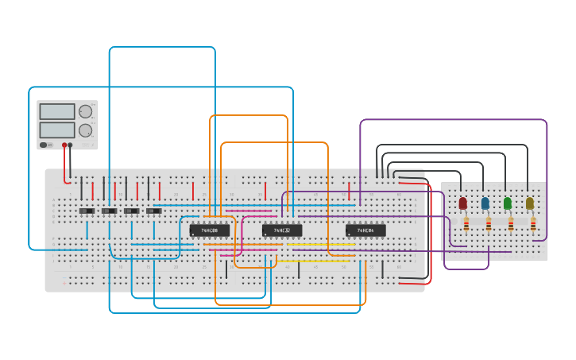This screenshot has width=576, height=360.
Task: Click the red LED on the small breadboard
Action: pyautogui.click(x=463, y=203)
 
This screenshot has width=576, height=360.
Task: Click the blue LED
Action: pyautogui.click(x=485, y=203)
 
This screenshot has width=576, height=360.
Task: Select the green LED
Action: pyautogui.click(x=508, y=203)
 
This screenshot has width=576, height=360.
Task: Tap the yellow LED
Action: pyautogui.click(x=530, y=203)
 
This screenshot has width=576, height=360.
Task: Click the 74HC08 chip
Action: pyautogui.click(x=209, y=230)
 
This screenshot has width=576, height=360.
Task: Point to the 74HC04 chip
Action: pyautogui.click(x=365, y=230)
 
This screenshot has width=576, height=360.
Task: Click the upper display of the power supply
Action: pyautogui.click(x=57, y=112)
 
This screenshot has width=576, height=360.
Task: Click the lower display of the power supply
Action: pyautogui.click(x=57, y=130)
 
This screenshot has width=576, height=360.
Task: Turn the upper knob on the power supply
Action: pyautogui.click(x=85, y=112)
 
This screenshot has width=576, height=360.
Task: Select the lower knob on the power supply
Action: pyautogui.click(x=85, y=130)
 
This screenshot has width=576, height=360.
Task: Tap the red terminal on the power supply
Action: pyautogui.click(x=64, y=145)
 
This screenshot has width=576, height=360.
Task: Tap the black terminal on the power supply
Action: pyautogui.click(x=71, y=145)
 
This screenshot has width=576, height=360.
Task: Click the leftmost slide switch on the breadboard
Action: pyautogui.click(x=87, y=211)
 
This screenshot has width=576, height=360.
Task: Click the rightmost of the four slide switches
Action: pyautogui.click(x=153, y=211)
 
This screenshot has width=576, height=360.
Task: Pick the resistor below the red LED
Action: pyautogui.click(x=466, y=224)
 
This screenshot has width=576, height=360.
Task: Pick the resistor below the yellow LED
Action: pyautogui.click(x=533, y=224)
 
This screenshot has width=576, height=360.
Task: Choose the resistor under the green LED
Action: pyautogui.click(x=511, y=224)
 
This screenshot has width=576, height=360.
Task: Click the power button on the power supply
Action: pyautogui.click(x=44, y=145)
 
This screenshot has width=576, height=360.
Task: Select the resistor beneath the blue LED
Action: pyautogui.click(x=489, y=224)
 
